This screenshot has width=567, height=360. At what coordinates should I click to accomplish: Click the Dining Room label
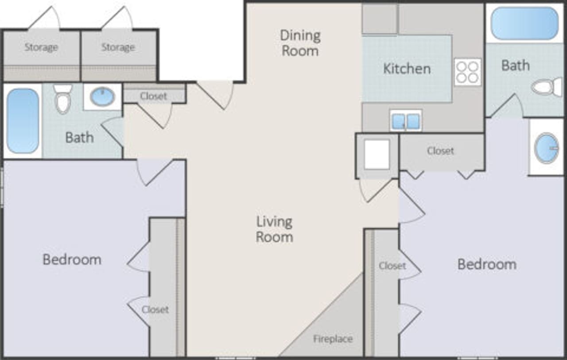(x=300, y=43)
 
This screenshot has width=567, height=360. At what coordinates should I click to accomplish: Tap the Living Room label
(x=274, y=229)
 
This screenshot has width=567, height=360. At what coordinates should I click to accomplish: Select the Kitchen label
(x=407, y=69)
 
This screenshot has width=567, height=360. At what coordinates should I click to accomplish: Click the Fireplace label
(x=333, y=339)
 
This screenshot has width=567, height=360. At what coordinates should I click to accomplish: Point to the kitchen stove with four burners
(x=467, y=72)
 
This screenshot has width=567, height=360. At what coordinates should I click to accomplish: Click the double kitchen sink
(x=406, y=121)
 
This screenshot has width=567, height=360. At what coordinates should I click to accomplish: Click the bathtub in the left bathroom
(x=23, y=120)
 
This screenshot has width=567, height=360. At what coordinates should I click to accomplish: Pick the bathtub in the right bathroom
(x=524, y=23)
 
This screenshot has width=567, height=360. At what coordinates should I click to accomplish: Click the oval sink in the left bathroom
(x=102, y=96)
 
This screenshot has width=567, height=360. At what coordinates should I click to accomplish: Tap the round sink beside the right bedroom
(x=546, y=148)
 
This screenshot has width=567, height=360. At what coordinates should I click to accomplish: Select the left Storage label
(x=41, y=47)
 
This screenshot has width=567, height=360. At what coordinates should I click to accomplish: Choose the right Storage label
(x=118, y=47)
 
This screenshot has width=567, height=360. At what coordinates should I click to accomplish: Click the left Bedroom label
(x=72, y=259)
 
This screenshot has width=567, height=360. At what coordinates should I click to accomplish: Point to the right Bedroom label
(x=486, y=264)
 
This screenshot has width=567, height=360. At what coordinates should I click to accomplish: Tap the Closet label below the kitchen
(x=440, y=151)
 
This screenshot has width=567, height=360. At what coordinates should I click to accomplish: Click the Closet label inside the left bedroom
(x=155, y=310)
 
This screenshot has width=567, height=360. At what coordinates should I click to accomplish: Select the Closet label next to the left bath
(x=153, y=96)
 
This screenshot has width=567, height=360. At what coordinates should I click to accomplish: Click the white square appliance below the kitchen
(x=377, y=154)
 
